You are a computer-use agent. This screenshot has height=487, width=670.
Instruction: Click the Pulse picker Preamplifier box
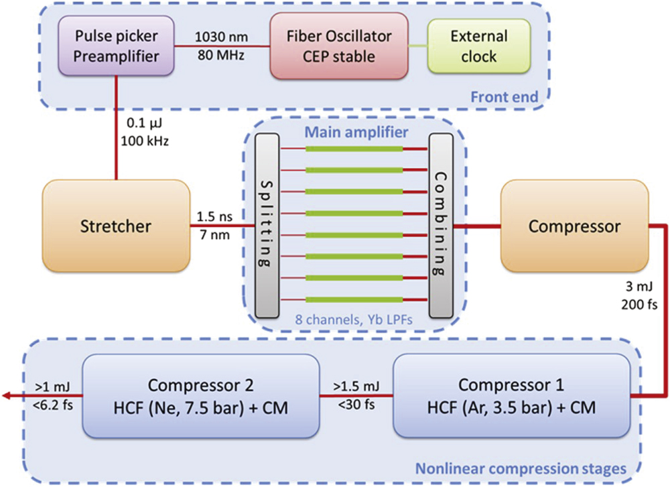click(x=116, y=46)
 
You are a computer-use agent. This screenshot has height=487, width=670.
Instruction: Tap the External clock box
click(x=478, y=46)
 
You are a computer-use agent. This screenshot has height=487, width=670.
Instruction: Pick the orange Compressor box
click(x=574, y=226)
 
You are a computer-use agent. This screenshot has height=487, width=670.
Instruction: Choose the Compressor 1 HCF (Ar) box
click(x=511, y=395)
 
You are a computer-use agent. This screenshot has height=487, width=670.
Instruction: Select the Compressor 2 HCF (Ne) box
click(x=199, y=395)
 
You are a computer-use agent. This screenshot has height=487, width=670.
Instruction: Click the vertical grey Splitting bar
click(x=266, y=226)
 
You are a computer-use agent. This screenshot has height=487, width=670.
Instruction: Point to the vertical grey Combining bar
click(x=440, y=226)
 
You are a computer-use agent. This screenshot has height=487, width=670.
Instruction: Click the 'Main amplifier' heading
click(x=347, y=128)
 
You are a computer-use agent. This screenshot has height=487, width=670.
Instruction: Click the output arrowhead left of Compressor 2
click(x=6, y=396)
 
